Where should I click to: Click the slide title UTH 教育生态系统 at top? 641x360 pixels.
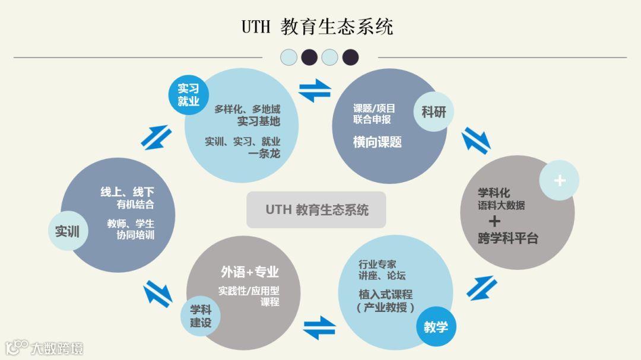click(x=318, y=27)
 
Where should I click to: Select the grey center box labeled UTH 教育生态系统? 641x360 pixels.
click(x=316, y=210)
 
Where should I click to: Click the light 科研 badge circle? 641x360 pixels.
click(x=433, y=111)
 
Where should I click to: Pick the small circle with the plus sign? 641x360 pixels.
click(x=559, y=180)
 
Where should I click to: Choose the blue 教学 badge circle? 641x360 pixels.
click(x=436, y=326)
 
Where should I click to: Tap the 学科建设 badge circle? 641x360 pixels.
click(x=201, y=316)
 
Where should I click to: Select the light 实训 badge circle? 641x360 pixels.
click(x=68, y=231)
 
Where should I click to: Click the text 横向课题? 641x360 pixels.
click(x=377, y=142)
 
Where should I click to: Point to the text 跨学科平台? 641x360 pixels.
click(x=507, y=239)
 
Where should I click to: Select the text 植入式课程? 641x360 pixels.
click(x=385, y=295)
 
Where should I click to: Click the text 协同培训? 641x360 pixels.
click(x=135, y=235)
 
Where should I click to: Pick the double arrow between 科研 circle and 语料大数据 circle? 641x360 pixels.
click(x=477, y=142)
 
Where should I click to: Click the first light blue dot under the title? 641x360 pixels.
click(x=288, y=57)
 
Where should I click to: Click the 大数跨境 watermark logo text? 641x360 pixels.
click(x=57, y=348)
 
